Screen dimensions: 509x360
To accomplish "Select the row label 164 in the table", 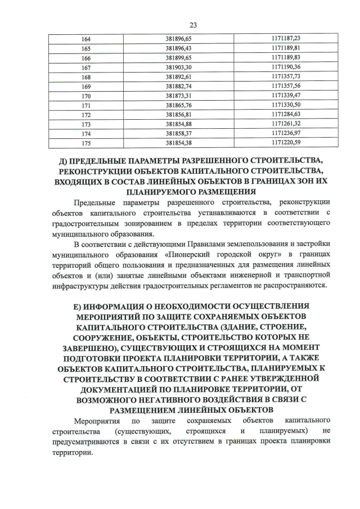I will click(x=86, y=38).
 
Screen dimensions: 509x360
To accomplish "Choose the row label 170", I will click(x=86, y=96).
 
